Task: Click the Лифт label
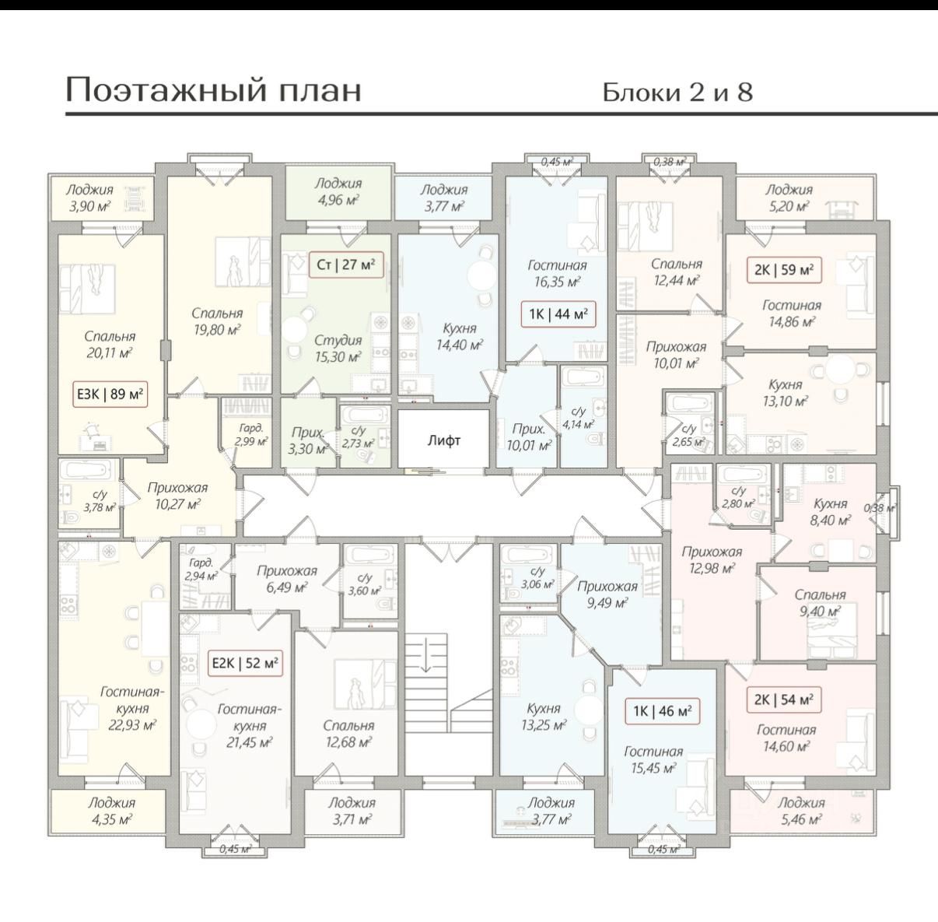coord(443,440)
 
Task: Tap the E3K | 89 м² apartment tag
coord(109,395)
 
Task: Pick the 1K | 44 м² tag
coord(558,314)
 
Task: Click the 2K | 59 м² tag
coord(783,270)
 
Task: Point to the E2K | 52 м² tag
coord(246,664)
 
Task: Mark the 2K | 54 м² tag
coord(783,699)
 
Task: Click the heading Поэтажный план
coord(213,89)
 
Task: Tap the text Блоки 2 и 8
coord(677,93)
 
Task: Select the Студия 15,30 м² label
coord(338,349)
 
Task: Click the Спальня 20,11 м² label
coord(109,344)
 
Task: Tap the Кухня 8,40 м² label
coord(830,511)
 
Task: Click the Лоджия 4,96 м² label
coord(338,191)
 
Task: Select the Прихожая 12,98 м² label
coord(712,559)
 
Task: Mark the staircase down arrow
coord(426,661)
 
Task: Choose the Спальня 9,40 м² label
coord(820,602)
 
